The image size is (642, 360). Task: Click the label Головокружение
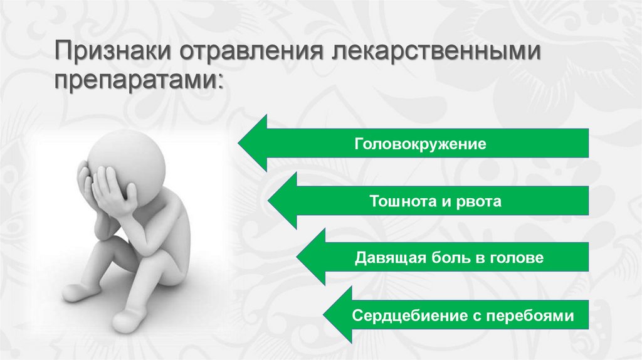pyautogui.click(x=421, y=144)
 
